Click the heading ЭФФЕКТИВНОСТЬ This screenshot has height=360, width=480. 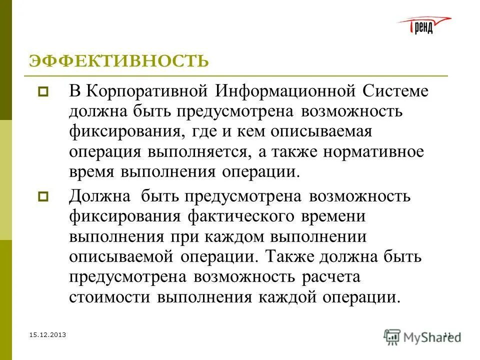coord(118,61)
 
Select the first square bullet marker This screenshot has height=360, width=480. coord(42,92)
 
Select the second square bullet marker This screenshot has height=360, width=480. coord(42,196)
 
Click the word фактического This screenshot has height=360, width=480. coord(248,217)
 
